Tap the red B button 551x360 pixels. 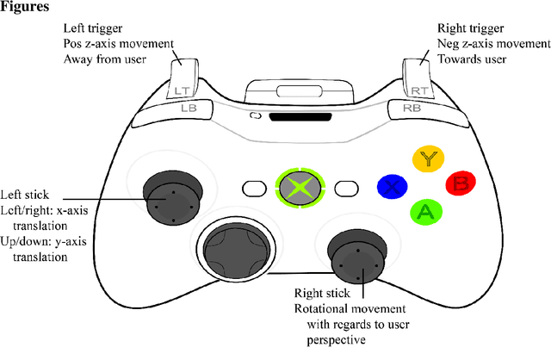click(460, 183)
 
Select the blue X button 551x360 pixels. click(393, 185)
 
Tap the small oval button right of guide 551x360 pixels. click(345, 187)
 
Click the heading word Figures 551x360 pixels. click(28, 8)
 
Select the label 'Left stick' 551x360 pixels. click(25, 194)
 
